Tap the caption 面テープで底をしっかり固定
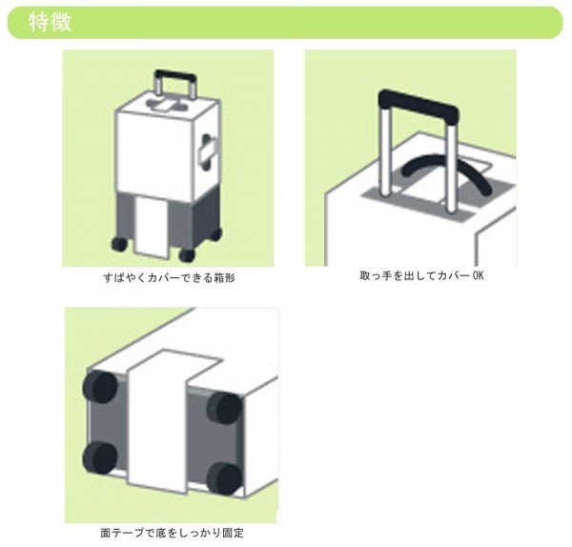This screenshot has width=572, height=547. point(172,534)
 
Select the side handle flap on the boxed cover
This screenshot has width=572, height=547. point(208,152)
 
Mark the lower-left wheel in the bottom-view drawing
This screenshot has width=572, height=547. point(100,459)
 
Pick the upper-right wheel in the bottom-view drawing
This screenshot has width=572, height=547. point(224,409)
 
